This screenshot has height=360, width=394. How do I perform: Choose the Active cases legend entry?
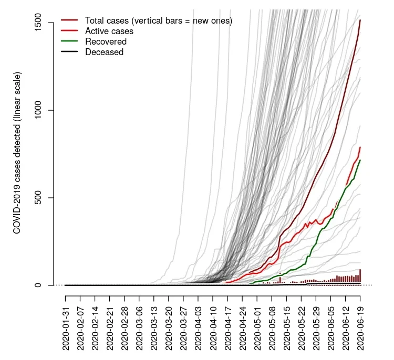pos(109,31)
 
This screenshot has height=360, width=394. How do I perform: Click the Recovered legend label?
pos(106,41)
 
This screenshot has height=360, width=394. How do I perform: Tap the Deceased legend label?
pos(104,52)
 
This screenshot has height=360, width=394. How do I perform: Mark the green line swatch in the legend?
pos(69,41)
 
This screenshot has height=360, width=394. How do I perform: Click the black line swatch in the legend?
pos(69,52)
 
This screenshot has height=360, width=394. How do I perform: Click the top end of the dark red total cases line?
pos(360,20)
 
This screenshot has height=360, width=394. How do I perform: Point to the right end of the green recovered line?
pos(360,160)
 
